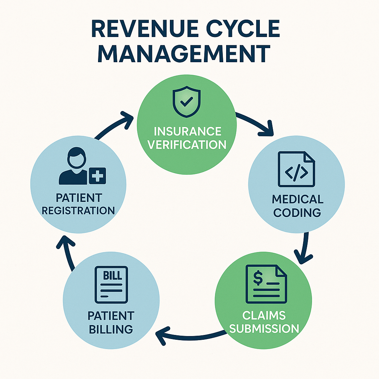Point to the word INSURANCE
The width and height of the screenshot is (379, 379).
[x=187, y=131]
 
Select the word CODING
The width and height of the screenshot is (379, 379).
[x=297, y=212]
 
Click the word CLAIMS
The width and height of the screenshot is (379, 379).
[x=264, y=315]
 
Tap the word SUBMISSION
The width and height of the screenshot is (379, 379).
[x=264, y=328]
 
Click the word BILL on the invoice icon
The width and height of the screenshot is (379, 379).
[x=111, y=276]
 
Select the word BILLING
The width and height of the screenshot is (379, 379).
[x=111, y=328]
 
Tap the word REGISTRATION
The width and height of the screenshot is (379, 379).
[x=78, y=211]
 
